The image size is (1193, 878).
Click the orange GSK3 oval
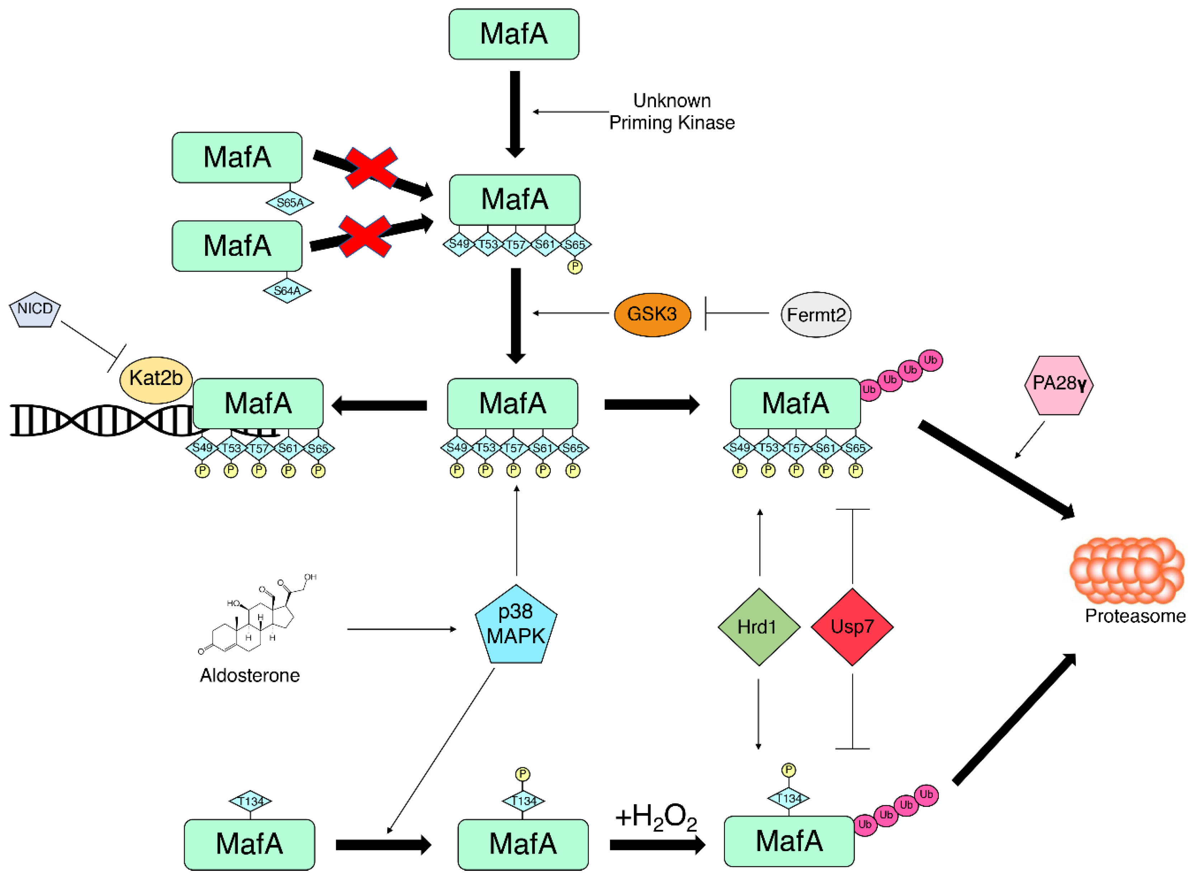652,314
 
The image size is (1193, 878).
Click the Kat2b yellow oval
156,379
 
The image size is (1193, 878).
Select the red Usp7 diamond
852,627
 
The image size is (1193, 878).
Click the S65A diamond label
289,202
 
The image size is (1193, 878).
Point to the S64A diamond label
287,291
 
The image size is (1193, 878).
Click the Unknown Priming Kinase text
671,112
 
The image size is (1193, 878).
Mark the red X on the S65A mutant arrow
371,168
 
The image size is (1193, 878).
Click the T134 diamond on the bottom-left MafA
250,800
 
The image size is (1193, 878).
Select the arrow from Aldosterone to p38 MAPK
401,629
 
